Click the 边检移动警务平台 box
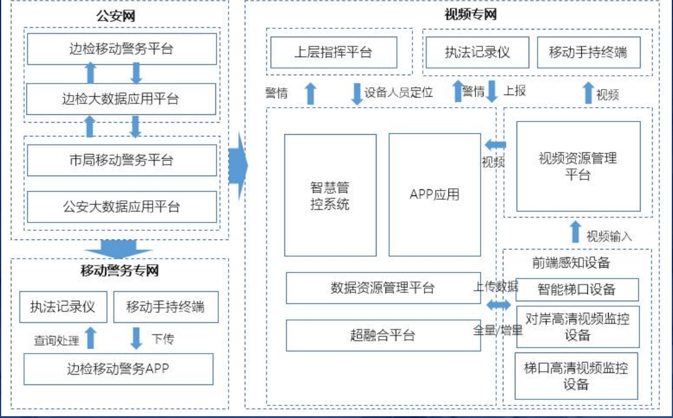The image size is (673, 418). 121,49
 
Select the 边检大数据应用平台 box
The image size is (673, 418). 121,99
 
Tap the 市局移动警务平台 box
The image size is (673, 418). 121,160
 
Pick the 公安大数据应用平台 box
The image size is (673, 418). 121,207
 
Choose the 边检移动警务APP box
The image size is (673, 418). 118,369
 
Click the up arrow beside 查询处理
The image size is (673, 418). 90,337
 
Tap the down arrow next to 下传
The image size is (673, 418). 137,337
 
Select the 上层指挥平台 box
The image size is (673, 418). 333,52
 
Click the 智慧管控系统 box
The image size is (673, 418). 330,195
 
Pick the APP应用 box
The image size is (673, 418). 434,195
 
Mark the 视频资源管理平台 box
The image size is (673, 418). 577,166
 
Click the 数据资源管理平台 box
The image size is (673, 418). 383,288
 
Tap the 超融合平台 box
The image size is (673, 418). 383,335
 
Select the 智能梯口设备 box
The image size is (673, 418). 577,289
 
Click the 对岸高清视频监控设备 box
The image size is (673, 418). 577,327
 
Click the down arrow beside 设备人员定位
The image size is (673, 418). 357,93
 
